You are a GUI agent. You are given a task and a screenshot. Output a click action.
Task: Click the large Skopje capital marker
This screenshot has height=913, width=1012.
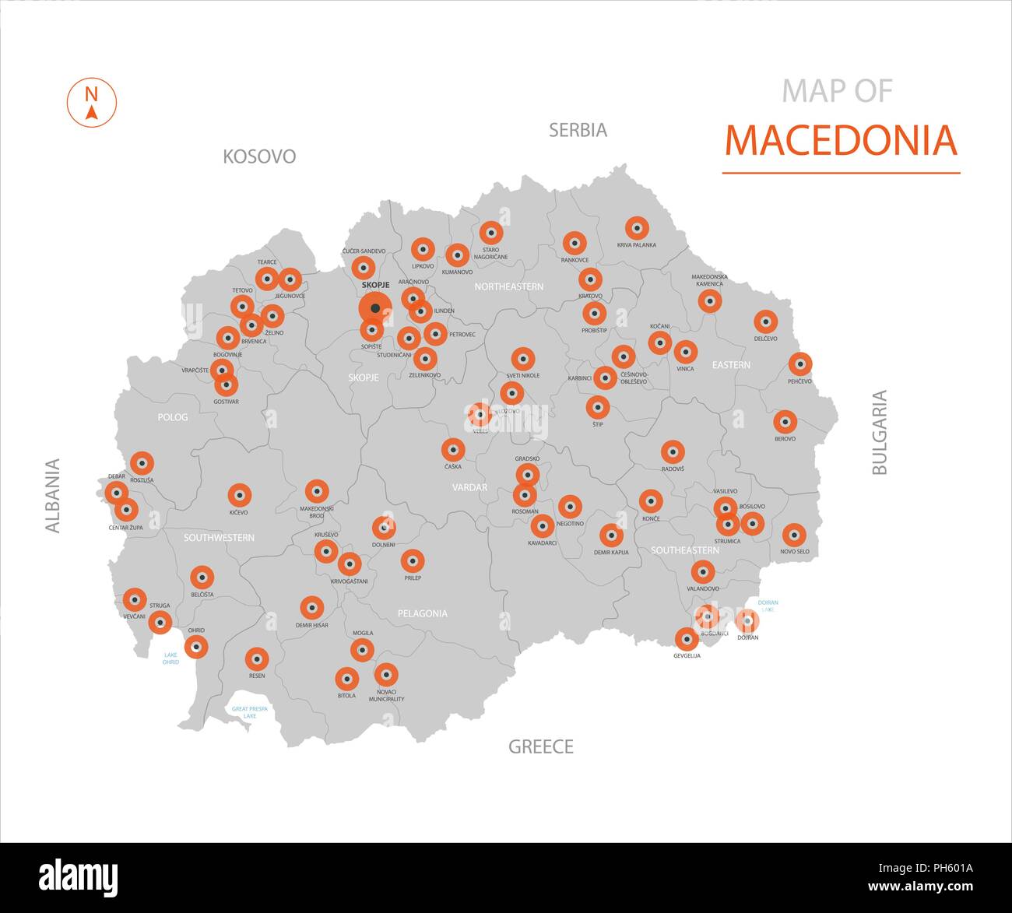click(x=375, y=308)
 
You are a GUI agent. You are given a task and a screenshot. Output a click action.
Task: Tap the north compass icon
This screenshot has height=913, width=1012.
click(x=92, y=102)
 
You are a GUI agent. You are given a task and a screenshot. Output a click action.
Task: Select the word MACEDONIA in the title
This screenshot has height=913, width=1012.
click(x=840, y=140)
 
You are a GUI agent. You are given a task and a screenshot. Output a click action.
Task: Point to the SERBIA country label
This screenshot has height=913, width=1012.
click(x=578, y=130)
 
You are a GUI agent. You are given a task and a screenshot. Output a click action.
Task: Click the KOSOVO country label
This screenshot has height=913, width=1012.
click(x=259, y=156)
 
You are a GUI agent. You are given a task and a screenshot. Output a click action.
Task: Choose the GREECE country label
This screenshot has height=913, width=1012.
click(x=541, y=747)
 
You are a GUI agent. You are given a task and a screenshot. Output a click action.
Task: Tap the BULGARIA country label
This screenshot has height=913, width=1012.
click(x=879, y=432)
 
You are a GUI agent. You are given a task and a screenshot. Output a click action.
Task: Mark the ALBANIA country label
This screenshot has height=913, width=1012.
click(x=53, y=496)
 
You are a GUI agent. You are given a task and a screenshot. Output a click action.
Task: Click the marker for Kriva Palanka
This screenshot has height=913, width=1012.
click(x=637, y=228)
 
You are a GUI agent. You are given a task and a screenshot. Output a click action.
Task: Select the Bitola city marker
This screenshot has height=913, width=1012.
click(x=346, y=679)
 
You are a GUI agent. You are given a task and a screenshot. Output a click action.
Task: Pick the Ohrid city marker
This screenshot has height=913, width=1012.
click(x=196, y=646)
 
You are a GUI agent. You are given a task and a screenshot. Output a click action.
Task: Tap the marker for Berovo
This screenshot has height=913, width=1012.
click(x=785, y=423)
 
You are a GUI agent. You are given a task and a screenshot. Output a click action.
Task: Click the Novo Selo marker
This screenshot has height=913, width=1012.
click(x=794, y=535)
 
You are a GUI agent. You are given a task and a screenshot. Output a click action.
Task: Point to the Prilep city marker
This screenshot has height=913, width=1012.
click(x=413, y=560)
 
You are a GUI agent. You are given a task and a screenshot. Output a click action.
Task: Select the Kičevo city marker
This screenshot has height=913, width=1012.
click(x=239, y=495)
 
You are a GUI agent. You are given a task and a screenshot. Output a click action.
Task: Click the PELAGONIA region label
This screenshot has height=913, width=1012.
click(x=423, y=613)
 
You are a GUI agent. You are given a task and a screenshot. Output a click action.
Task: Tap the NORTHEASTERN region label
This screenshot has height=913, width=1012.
click(x=509, y=286)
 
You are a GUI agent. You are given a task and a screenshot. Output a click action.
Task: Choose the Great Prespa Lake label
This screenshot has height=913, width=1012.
click(x=249, y=711)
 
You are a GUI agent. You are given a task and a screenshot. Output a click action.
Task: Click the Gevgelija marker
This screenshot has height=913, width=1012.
click(x=687, y=640)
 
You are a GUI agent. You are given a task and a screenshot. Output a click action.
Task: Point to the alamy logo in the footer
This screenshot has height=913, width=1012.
click(x=78, y=878)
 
